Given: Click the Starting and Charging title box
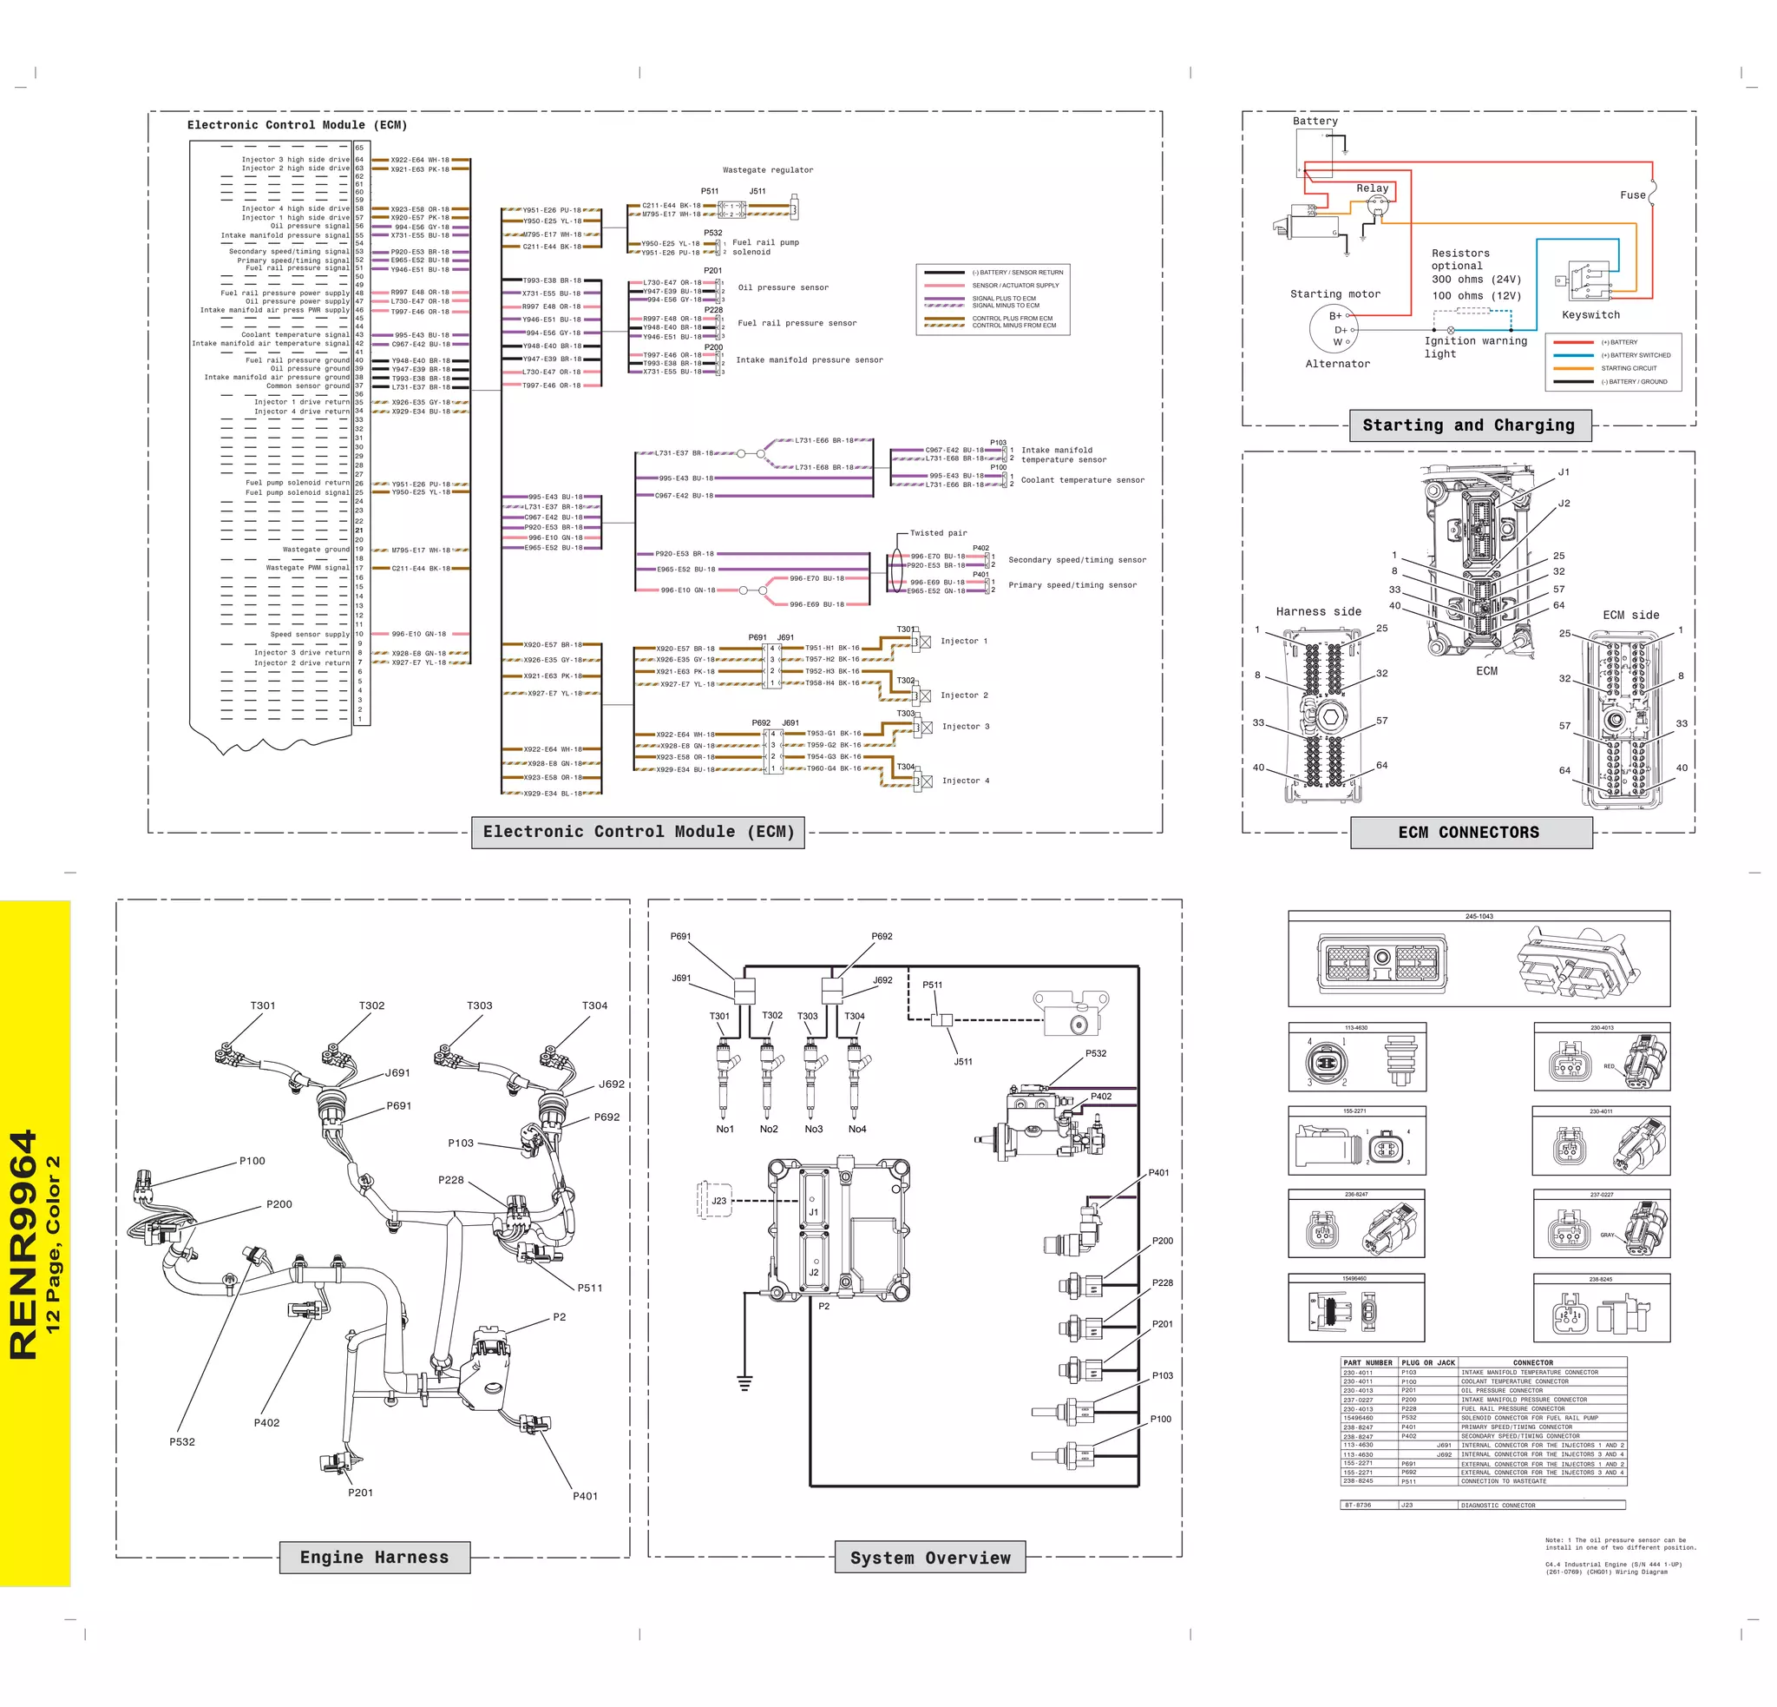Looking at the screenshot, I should point(1470,425).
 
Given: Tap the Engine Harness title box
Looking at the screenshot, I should point(375,1558).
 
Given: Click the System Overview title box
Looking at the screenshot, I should point(930,1559).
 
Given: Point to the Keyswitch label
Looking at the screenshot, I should point(1590,314).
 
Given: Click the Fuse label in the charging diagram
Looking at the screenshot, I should point(1632,195).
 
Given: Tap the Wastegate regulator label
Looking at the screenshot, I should point(768,169).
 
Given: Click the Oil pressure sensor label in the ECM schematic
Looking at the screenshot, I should point(784,287).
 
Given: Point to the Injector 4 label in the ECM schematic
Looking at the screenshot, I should point(966,781).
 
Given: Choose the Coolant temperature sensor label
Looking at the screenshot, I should point(1083,480).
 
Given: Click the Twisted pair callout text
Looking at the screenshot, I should point(938,533).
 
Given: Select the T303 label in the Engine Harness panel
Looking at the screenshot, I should point(480,1005).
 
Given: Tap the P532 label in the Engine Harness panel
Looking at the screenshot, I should point(182,1441).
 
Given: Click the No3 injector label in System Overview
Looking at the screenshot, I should point(813,1130).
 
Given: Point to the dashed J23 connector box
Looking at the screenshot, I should point(713,1200).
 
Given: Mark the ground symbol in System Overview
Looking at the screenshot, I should point(744,1383).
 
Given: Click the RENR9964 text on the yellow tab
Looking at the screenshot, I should point(23,1243).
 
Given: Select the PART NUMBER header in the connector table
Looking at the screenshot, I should point(1367,1362).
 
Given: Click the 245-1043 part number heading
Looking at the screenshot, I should point(1479,916).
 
